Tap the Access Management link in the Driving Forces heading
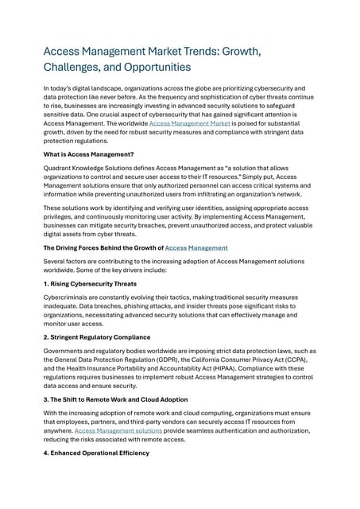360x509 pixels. point(195,248)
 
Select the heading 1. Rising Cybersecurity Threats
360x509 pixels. point(90,284)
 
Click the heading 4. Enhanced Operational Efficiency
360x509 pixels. point(98,454)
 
